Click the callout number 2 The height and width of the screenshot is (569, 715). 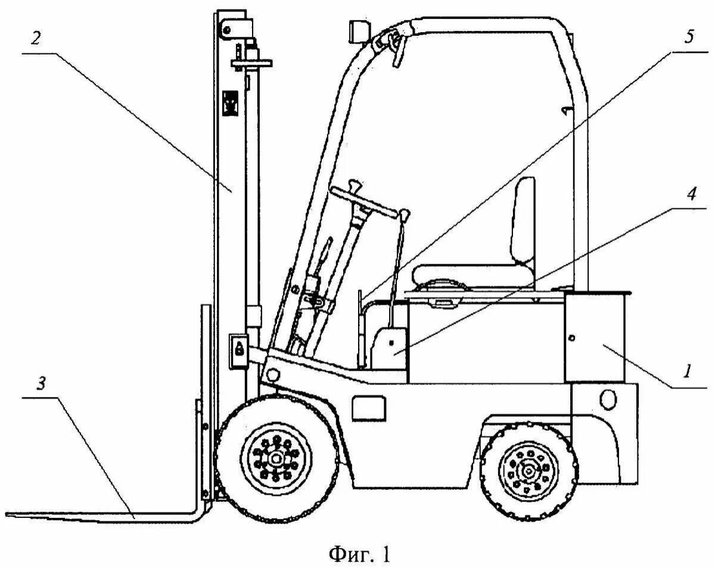pos(36,39)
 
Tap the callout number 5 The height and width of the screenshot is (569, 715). pos(689,37)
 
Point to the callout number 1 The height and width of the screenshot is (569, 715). pos(687,372)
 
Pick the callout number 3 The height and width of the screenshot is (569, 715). pos(41,384)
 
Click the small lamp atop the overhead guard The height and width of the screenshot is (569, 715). pos(357,31)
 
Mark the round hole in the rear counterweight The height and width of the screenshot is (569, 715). pos(608,398)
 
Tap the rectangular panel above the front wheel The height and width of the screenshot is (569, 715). pos(368,408)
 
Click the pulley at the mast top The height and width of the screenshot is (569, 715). pos(226,28)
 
